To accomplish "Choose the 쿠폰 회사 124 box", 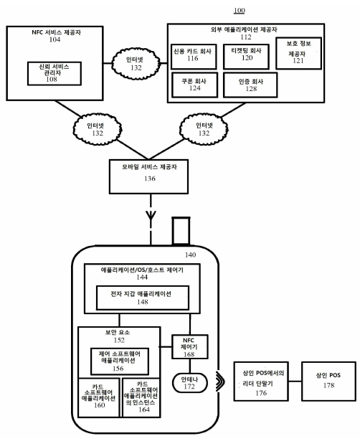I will click(x=194, y=86).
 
